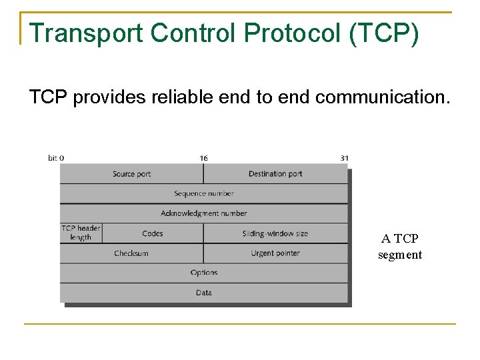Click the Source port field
131,174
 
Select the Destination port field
275,174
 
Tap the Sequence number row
204,193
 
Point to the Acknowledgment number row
204,213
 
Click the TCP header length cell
81,233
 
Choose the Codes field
153,233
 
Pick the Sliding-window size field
275,233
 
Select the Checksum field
131,253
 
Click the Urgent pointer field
275,253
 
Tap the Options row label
204,273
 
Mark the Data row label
204,293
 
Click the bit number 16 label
203,158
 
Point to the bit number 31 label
344,158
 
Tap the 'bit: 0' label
56,158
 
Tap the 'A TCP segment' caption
400,247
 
